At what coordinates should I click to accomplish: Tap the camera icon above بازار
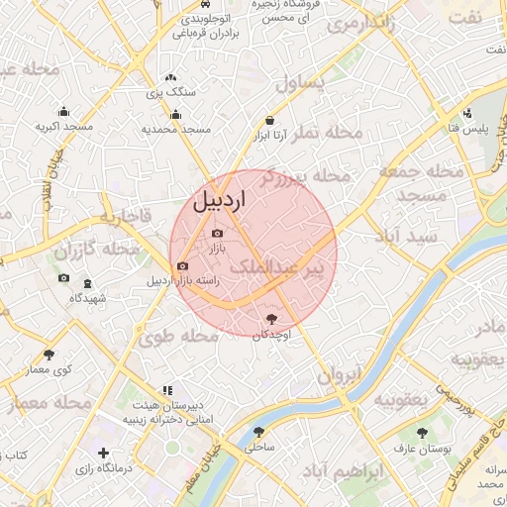click(218, 233)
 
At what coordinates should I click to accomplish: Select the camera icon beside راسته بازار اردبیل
click(182, 265)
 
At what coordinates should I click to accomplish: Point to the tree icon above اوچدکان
click(271, 319)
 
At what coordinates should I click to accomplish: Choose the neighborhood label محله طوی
click(178, 337)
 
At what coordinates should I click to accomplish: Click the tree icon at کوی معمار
click(49, 355)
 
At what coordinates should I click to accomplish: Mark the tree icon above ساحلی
click(258, 432)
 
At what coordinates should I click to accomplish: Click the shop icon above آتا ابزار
click(270, 120)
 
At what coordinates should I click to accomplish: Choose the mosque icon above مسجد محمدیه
click(175, 114)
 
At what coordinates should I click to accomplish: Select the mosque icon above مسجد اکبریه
click(63, 111)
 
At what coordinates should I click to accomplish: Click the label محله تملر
click(332, 132)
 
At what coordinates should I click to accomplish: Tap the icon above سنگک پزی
click(170, 76)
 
